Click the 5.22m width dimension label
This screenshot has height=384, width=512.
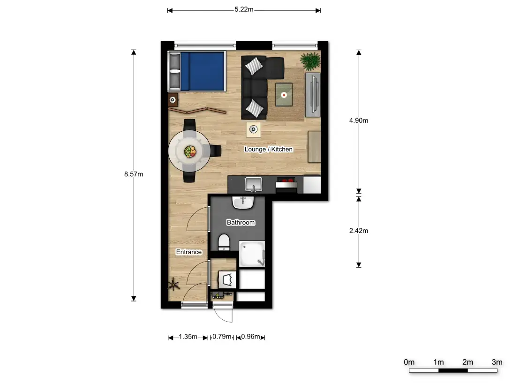click(x=244, y=9)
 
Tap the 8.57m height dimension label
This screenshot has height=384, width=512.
click(x=134, y=174)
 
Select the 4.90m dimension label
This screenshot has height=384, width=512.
click(x=359, y=120)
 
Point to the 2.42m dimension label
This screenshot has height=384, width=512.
click(x=359, y=231)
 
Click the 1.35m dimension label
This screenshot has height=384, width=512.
click(x=188, y=337)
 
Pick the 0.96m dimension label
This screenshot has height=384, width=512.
click(x=251, y=337)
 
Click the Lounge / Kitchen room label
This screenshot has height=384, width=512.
click(x=268, y=149)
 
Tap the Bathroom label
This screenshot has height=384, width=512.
click(x=241, y=222)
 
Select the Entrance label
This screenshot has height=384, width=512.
click(x=189, y=252)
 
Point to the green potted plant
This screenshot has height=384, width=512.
click(x=310, y=61)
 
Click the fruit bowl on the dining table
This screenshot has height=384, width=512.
click(x=190, y=151)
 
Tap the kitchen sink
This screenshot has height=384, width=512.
click(x=253, y=184)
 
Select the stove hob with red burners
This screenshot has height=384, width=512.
click(x=286, y=180)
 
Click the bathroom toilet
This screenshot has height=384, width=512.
click(x=224, y=242)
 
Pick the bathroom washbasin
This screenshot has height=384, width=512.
click(x=243, y=203)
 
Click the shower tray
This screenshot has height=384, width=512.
click(x=252, y=254)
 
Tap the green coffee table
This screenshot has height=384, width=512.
click(x=284, y=95)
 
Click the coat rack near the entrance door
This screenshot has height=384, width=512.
click(x=173, y=285)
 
